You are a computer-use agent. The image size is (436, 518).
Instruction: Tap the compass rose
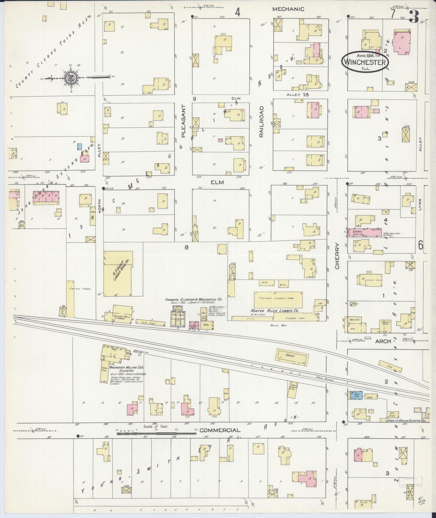(x=71, y=78)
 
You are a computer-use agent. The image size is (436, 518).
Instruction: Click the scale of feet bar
(x=157, y=434)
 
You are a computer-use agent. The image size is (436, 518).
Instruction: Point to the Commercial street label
(x=220, y=430)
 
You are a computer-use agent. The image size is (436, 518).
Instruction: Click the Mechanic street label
(x=288, y=9)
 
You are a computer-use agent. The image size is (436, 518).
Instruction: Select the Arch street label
(x=383, y=341)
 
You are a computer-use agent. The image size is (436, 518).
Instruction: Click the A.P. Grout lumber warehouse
(x=118, y=273)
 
